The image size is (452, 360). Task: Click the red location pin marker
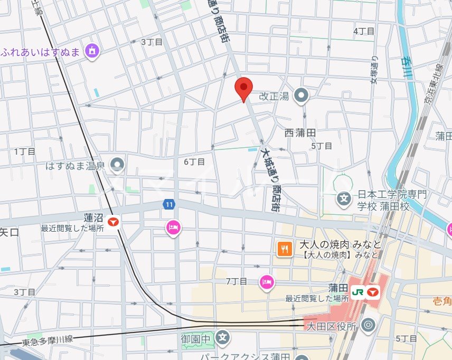pos(243,88)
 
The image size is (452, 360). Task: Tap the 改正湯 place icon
pos(302,96)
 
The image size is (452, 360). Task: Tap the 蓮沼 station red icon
pos(113,222)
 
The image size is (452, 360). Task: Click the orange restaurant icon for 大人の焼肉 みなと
pos(285,249)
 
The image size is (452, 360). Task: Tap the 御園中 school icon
pos(223,336)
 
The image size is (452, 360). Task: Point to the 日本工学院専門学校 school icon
pos(344,199)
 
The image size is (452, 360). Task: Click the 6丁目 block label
pos(194,162)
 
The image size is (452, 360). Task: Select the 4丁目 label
pos(363,31)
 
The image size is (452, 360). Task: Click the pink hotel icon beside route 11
pos(173,228)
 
